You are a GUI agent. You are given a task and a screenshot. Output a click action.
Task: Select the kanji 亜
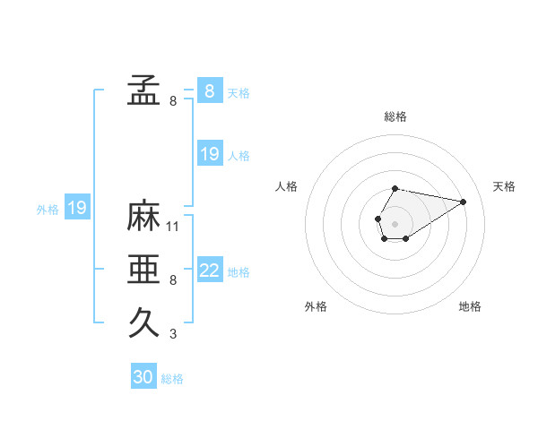point(143,270)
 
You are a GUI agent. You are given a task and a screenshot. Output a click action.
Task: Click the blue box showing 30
point(143,377)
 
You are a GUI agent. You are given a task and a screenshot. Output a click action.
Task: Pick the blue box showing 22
point(210,271)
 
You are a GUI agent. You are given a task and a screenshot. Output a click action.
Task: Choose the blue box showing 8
point(210,91)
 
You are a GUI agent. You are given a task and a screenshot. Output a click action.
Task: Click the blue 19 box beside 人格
point(210,155)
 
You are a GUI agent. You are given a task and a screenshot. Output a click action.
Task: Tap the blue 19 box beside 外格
point(77,209)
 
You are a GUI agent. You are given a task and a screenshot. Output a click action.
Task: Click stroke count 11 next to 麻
point(173,227)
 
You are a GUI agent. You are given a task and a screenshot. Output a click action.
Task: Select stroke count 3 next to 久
point(173,334)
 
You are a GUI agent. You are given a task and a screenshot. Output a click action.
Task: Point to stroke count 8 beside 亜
point(173,280)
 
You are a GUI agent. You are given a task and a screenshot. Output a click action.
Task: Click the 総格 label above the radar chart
point(395,116)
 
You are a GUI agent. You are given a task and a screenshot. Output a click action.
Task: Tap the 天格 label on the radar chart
point(505,186)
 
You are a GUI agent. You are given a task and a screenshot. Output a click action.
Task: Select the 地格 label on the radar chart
point(470,306)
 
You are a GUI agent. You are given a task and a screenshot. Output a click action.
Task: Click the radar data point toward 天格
point(464,201)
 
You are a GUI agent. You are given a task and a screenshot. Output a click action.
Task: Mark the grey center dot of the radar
point(395,222)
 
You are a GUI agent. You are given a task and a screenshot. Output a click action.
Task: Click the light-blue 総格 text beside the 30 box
point(172,379)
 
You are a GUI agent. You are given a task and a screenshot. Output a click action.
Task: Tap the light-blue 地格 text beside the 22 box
point(239,272)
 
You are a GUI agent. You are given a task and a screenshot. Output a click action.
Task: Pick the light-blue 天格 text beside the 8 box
point(239,92)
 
